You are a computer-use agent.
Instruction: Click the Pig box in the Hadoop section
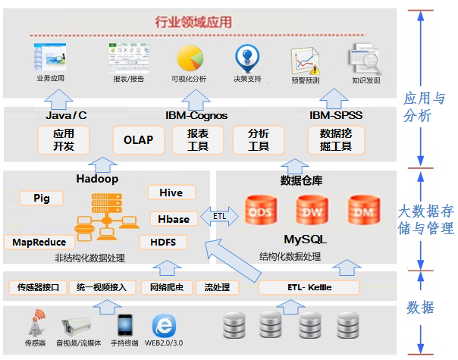click(x=41, y=198)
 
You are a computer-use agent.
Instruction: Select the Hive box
click(x=171, y=193)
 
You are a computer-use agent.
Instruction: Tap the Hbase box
click(x=174, y=219)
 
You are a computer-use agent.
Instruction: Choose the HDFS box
click(x=163, y=242)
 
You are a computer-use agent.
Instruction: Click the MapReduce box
click(x=39, y=242)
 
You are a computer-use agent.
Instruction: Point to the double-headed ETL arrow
click(x=219, y=216)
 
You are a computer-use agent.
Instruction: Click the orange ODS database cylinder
click(x=261, y=210)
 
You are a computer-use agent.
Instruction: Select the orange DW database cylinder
click(x=312, y=210)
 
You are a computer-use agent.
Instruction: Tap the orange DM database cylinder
click(x=364, y=210)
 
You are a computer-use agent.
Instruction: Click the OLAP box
click(x=139, y=140)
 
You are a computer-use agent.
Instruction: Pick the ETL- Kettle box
click(x=309, y=287)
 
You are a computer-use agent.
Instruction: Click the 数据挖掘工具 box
click(x=336, y=140)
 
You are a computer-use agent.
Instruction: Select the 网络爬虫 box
click(x=167, y=287)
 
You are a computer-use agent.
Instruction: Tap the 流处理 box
click(x=217, y=287)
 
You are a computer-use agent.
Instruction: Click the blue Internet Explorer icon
click(x=164, y=326)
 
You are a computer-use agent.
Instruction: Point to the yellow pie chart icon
click(x=190, y=58)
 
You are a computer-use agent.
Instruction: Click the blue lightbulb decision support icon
click(x=247, y=58)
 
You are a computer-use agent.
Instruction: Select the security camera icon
click(x=76, y=325)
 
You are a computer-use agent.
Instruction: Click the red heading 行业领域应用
click(x=193, y=22)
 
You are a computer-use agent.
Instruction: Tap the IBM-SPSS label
click(x=336, y=115)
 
